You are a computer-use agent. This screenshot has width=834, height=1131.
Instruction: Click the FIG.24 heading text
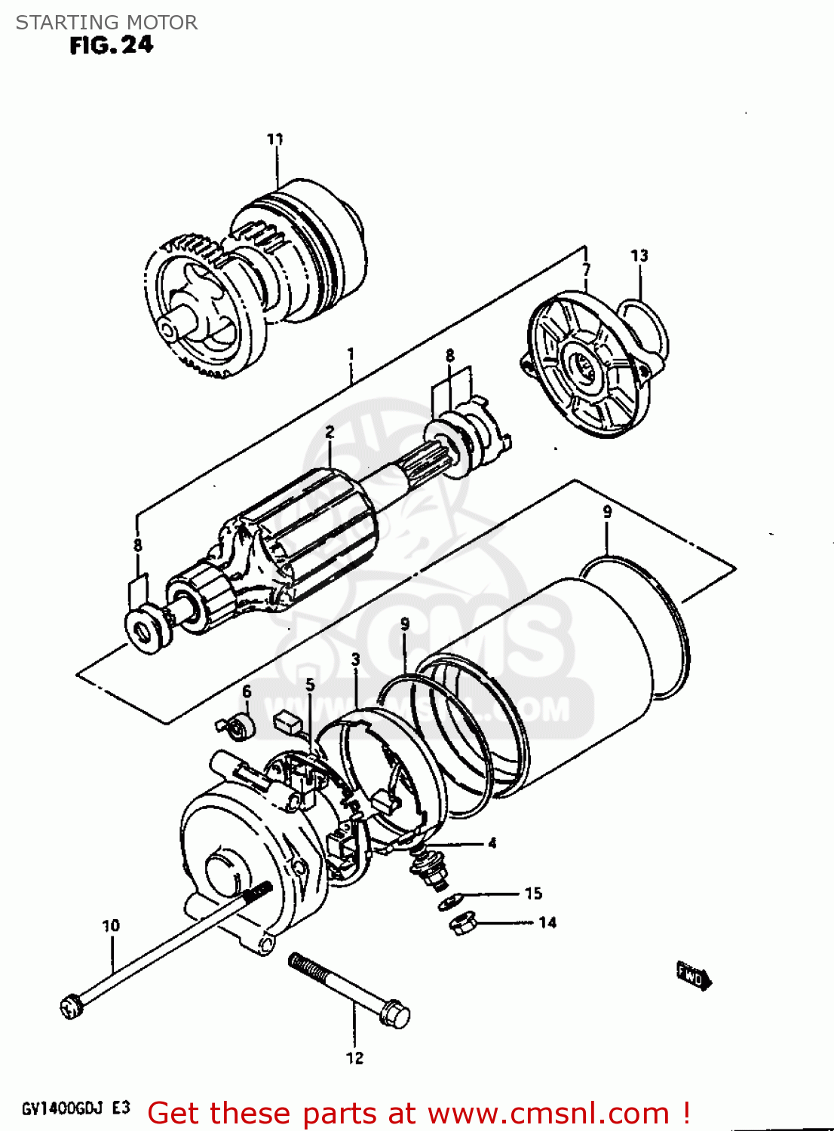pyautogui.click(x=111, y=45)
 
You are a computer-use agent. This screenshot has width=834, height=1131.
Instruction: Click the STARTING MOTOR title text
pyautogui.click(x=106, y=23)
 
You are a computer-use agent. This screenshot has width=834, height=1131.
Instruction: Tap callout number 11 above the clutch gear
pyautogui.click(x=275, y=139)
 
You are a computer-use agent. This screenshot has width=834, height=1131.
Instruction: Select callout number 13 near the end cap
pyautogui.click(x=639, y=256)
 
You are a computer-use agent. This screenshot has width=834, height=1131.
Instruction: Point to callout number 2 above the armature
pyautogui.click(x=330, y=432)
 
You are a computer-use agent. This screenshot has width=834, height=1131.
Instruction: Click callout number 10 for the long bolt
pyautogui.click(x=111, y=926)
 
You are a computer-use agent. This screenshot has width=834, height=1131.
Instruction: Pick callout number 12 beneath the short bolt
pyautogui.click(x=354, y=1059)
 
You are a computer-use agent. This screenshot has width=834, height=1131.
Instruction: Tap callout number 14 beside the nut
pyautogui.click(x=547, y=923)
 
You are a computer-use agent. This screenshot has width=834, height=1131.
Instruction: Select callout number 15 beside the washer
pyautogui.click(x=533, y=893)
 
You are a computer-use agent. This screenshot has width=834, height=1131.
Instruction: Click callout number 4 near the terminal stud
pyautogui.click(x=492, y=843)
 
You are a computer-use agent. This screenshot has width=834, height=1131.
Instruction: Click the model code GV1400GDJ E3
pyautogui.click(x=75, y=1108)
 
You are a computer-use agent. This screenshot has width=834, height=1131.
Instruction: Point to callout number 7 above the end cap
pyautogui.click(x=586, y=269)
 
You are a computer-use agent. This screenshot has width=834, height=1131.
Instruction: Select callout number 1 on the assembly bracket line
pyautogui.click(x=350, y=354)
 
